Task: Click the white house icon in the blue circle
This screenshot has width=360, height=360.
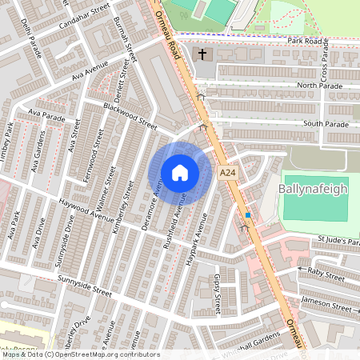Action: (x=179, y=172)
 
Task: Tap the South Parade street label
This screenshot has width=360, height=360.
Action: (x=326, y=125)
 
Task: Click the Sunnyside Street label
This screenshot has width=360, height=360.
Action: (x=85, y=285)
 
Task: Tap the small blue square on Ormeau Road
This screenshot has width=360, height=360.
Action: (x=248, y=215)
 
